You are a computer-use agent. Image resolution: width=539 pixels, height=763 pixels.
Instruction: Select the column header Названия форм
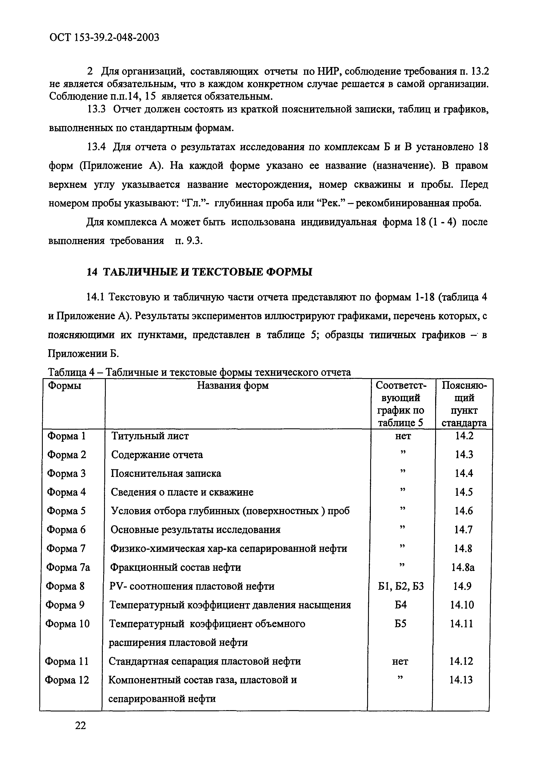233,386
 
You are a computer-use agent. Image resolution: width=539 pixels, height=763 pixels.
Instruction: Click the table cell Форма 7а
68,567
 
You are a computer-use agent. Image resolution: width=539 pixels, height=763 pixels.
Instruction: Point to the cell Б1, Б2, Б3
401,586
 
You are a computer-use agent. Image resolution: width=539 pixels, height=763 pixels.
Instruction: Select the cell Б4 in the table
401,605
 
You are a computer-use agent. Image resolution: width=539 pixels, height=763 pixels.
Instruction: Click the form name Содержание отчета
157,455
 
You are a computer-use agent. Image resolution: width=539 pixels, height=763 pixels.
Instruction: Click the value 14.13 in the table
461,680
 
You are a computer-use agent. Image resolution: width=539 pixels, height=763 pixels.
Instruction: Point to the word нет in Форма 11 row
400,661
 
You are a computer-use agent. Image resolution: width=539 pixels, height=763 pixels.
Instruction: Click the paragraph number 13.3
96,109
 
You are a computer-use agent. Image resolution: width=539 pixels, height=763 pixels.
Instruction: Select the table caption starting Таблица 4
199,372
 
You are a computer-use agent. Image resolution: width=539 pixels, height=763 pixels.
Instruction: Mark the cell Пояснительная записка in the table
166,473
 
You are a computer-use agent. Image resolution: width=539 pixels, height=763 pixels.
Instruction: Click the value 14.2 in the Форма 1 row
464,436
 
